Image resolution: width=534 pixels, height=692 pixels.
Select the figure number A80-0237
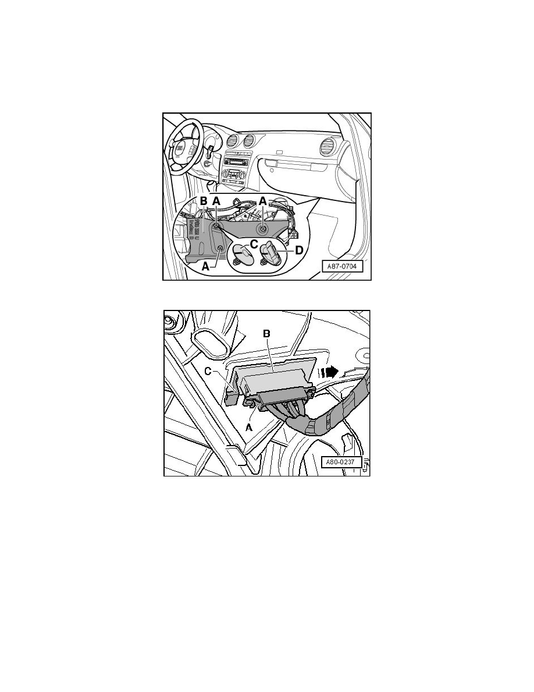pos(342,463)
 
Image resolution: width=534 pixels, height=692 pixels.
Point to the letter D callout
pos(300,251)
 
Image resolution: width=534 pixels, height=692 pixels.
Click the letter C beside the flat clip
pos(254,244)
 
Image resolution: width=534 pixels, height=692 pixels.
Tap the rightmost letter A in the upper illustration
pos(263,202)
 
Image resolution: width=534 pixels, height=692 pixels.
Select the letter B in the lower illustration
pos(266,334)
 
